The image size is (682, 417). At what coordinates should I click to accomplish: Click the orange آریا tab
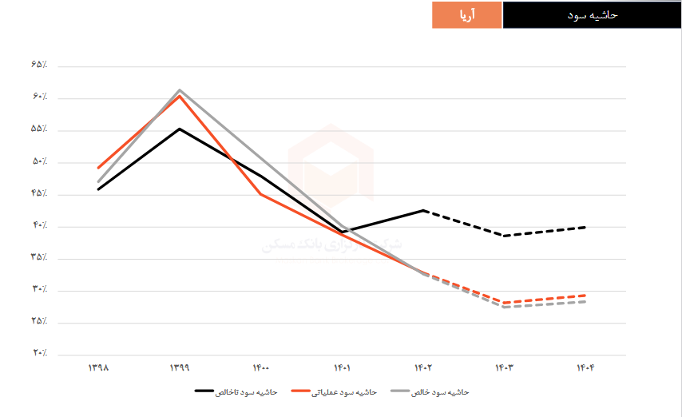[x=467, y=15]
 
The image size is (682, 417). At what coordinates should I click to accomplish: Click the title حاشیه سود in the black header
[x=592, y=15]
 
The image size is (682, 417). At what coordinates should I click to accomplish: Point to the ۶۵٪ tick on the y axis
[x=40, y=65]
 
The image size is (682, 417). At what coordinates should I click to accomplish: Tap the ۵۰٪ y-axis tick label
[x=40, y=161]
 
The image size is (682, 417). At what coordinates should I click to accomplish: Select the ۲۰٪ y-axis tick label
[x=40, y=353]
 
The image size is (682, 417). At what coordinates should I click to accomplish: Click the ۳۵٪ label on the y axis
[x=40, y=257]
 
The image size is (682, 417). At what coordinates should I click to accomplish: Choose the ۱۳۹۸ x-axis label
[x=98, y=367]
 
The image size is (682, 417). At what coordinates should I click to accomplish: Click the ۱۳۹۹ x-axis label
[x=180, y=367]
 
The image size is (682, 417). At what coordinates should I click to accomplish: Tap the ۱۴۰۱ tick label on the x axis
[x=343, y=367]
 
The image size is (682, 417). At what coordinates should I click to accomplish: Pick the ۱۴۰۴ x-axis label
[x=586, y=367]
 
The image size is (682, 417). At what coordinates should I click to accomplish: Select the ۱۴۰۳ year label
[x=505, y=367]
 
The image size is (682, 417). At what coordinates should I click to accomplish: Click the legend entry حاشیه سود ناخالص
[x=236, y=392]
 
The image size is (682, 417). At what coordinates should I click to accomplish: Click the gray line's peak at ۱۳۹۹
[x=180, y=90]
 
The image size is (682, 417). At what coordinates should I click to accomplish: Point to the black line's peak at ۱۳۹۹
[x=180, y=129]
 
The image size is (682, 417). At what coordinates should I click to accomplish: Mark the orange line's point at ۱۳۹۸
[x=98, y=168]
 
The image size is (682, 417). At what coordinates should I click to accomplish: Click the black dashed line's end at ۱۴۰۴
[x=586, y=227]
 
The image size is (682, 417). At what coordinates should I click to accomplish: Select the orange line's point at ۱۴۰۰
[x=261, y=194]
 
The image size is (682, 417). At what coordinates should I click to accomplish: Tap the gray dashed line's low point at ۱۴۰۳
[x=505, y=308]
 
